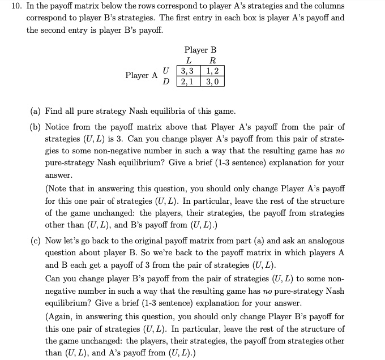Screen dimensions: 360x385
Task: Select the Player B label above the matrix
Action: (200, 50)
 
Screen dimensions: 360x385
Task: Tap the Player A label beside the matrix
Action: (142, 76)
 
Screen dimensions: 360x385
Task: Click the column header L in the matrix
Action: (188, 61)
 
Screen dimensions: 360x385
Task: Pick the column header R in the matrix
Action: (212, 61)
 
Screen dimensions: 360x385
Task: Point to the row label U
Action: (165, 71)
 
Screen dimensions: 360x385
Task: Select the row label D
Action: (165, 82)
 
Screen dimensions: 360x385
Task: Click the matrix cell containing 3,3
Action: (189, 71)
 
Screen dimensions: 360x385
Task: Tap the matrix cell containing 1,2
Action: (213, 71)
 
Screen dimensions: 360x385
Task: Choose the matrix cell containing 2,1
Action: (189, 82)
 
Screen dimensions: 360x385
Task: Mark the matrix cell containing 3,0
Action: (213, 82)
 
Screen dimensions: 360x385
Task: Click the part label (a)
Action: (35, 111)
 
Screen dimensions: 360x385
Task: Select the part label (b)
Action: (35, 127)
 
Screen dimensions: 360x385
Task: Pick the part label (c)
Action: (35, 241)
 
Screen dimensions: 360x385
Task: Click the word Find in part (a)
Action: (53, 111)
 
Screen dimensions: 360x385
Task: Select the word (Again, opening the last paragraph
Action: (61, 316)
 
